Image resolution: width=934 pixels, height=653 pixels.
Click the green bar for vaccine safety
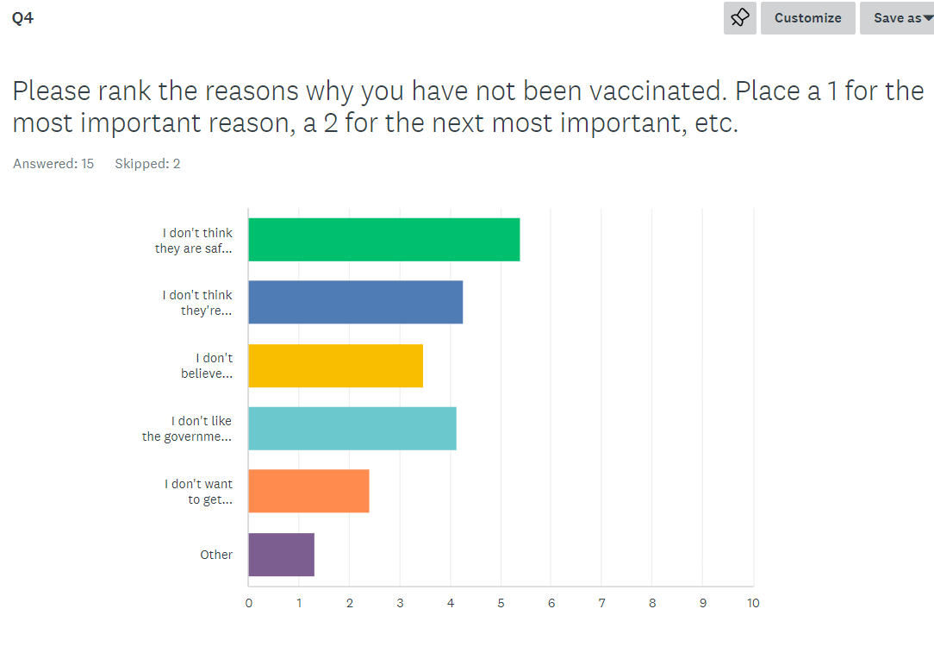click(x=384, y=239)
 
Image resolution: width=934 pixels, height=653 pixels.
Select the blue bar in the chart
click(x=356, y=302)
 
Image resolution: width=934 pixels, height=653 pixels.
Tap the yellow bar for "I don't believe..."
click(x=336, y=366)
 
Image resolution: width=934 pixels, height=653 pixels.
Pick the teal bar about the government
click(x=352, y=428)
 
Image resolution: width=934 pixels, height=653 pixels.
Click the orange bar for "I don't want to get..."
click(x=309, y=491)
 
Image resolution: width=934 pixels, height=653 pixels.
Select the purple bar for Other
click(x=282, y=555)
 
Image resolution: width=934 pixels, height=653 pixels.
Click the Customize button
click(x=807, y=18)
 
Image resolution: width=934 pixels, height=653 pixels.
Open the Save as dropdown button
click(x=897, y=18)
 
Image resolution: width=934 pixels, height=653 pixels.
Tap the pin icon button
click(x=740, y=18)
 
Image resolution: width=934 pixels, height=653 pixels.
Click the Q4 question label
click(x=22, y=18)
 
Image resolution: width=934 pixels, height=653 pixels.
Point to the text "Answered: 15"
click(x=53, y=163)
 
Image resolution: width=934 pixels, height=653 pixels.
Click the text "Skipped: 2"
click(x=147, y=163)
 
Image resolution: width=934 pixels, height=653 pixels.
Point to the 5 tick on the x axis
click(x=501, y=603)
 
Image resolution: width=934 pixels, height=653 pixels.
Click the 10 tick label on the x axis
click(x=753, y=603)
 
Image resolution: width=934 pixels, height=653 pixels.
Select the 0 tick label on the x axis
click(x=249, y=603)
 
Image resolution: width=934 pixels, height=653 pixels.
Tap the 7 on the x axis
click(x=601, y=603)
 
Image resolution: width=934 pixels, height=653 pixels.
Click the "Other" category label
click(x=216, y=555)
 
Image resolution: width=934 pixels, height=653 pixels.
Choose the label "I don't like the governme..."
click(x=187, y=429)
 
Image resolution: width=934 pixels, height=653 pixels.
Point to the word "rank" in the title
click(x=125, y=91)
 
